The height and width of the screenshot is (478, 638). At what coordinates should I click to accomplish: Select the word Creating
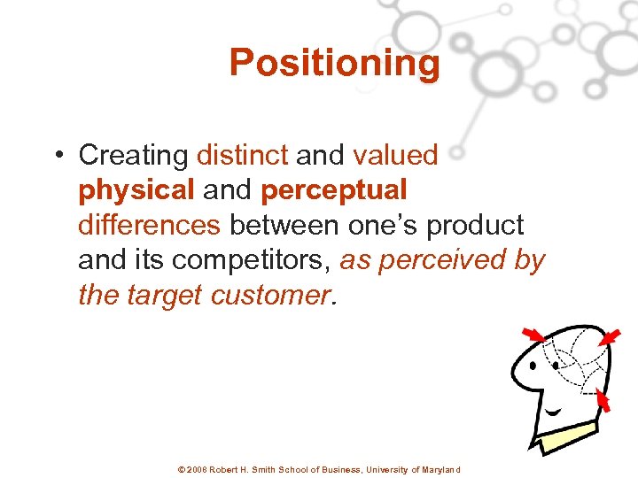(133, 156)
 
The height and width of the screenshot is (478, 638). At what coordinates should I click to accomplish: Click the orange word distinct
(242, 156)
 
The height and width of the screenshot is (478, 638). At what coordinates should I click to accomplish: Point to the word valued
(395, 156)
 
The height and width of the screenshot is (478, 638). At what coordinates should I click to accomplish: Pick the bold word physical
(135, 190)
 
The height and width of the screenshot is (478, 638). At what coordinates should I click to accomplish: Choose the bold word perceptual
(334, 190)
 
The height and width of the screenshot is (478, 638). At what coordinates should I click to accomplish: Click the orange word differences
(149, 225)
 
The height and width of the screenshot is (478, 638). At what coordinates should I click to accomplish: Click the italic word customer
(270, 295)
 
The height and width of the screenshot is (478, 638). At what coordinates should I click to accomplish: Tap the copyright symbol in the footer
(182, 470)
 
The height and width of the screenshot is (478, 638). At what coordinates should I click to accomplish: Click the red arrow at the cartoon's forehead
(533, 336)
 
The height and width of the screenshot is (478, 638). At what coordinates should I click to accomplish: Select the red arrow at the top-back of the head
(610, 337)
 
